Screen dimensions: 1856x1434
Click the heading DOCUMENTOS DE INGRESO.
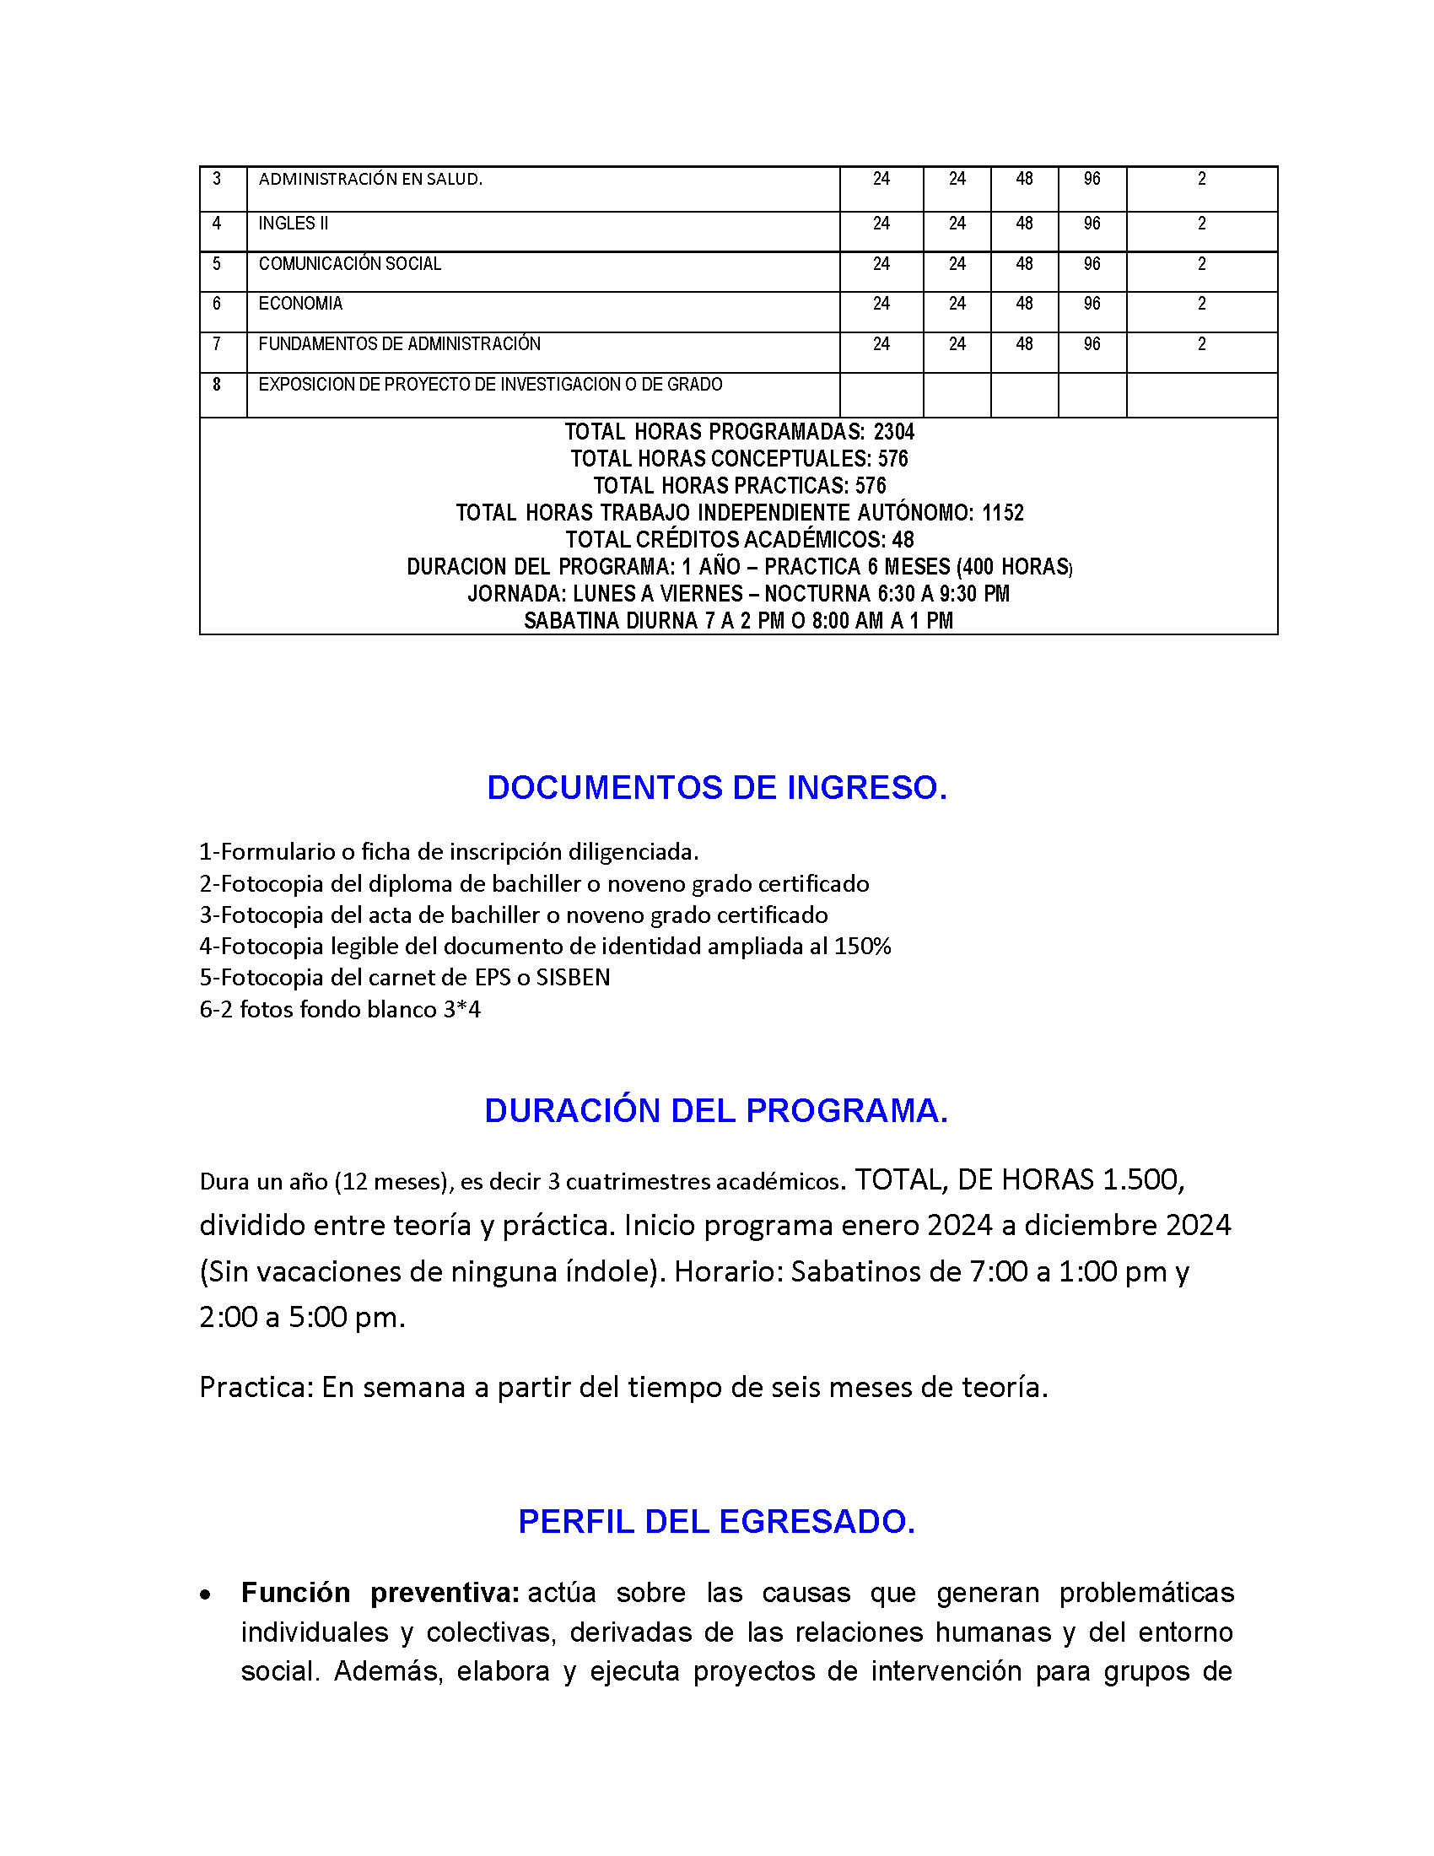pos(716,788)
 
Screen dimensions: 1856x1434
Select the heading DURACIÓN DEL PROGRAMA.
pos(716,1111)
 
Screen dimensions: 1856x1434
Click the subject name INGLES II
pos(293,224)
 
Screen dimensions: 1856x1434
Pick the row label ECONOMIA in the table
pos(301,305)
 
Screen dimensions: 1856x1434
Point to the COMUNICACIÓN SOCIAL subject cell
pos(350,264)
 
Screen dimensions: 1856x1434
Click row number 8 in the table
pos(217,385)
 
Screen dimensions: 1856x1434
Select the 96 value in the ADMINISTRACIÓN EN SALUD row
pos(1092,180)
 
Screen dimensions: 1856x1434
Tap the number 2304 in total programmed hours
pos(893,432)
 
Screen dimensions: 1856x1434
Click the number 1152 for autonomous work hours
pos(1002,513)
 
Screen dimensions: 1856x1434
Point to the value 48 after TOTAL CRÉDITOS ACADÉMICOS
pos(903,540)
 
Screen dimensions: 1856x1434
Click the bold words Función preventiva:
pos(380,1592)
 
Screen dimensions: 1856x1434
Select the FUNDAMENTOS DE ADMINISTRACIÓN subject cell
pos(399,344)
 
